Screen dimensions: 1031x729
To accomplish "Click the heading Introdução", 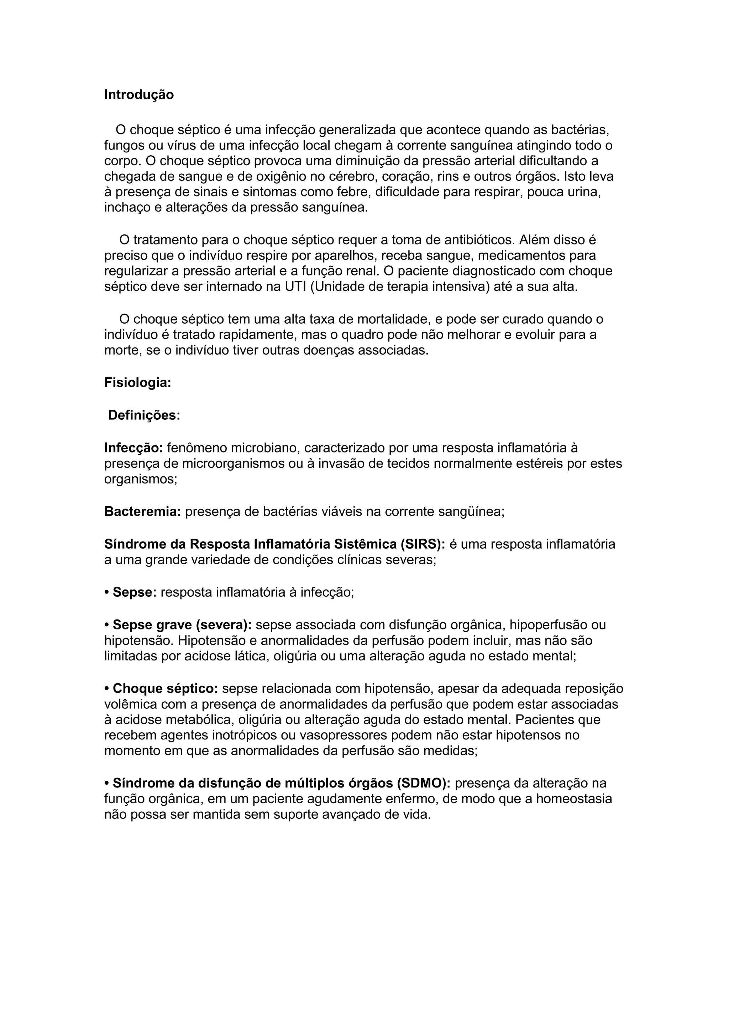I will coord(139,95).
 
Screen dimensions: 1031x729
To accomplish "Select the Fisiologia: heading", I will coord(138,383).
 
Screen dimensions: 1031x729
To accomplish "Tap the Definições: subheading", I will coord(144,415).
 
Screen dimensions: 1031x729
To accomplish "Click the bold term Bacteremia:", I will coord(142,512).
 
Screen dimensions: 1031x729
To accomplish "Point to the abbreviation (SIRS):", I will coord(421,544).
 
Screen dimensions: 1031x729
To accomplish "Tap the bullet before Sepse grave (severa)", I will coord(107,625).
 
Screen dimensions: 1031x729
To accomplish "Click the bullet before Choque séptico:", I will coord(107,689).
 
